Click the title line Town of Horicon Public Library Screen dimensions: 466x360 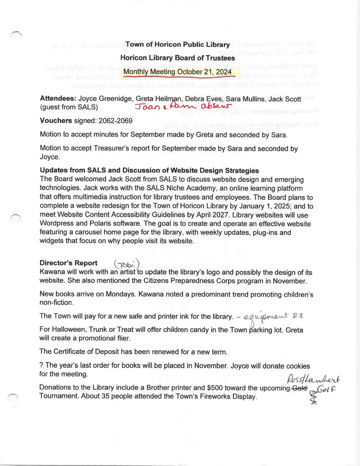coord(177,45)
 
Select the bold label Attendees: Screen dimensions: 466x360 coord(58,98)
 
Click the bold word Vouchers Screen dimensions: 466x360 coord(56,121)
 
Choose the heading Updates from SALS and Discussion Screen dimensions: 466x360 coord(149,170)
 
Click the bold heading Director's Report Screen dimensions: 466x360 coord(68,263)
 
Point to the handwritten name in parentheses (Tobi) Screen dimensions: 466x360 coord(127,264)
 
